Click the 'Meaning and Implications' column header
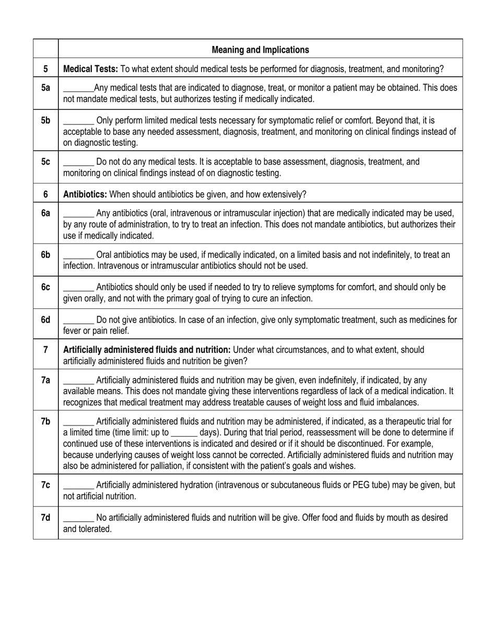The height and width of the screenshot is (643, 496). [260, 50]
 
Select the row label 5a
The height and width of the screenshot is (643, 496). [46, 88]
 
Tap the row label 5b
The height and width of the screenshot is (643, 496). [46, 120]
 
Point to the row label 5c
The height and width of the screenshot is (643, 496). [46, 162]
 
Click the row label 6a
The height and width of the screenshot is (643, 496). [46, 213]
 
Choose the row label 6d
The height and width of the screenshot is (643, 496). [46, 319]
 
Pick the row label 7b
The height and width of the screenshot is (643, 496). [46, 421]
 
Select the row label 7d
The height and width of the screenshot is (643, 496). [46, 518]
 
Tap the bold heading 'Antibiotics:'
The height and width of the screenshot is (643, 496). [85, 194]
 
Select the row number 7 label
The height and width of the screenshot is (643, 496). [46, 349]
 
